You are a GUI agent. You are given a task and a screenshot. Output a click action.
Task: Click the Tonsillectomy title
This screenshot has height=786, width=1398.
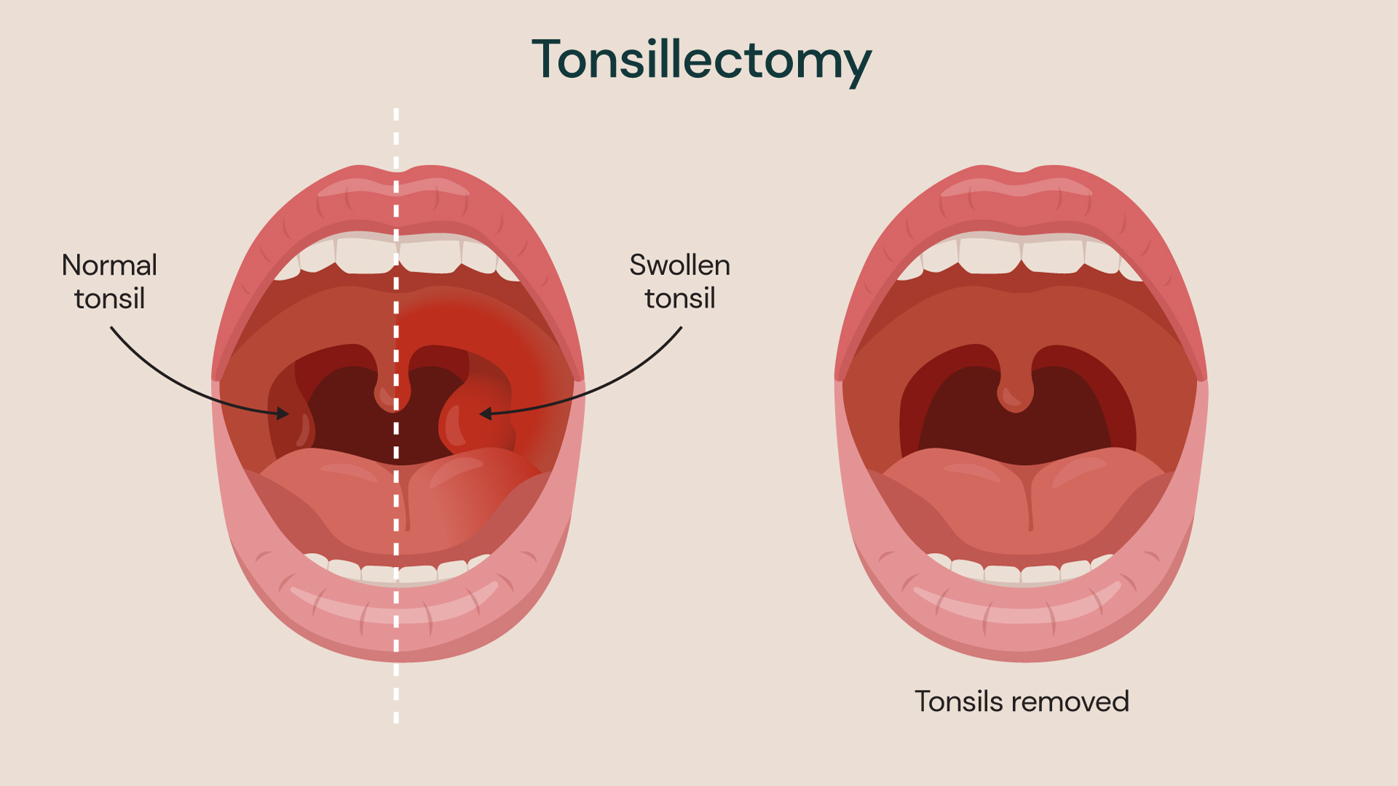pyautogui.click(x=701, y=61)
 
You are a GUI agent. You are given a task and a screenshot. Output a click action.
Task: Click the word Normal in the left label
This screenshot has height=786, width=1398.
pyautogui.click(x=109, y=266)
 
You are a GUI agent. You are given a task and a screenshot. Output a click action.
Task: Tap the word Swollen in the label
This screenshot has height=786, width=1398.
pyautogui.click(x=679, y=266)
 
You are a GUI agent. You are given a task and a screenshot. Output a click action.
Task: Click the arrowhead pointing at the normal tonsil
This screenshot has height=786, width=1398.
pyautogui.click(x=283, y=413)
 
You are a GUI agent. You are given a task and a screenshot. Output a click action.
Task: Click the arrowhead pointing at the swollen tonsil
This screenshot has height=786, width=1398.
pyautogui.click(x=486, y=413)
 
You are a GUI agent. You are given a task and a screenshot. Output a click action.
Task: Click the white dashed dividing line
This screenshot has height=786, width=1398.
pyautogui.click(x=396, y=416)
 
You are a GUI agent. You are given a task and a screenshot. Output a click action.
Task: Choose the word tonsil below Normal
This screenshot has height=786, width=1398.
pyautogui.click(x=109, y=299)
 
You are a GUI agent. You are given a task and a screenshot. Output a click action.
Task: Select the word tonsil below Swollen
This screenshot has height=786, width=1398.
pyautogui.click(x=679, y=299)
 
